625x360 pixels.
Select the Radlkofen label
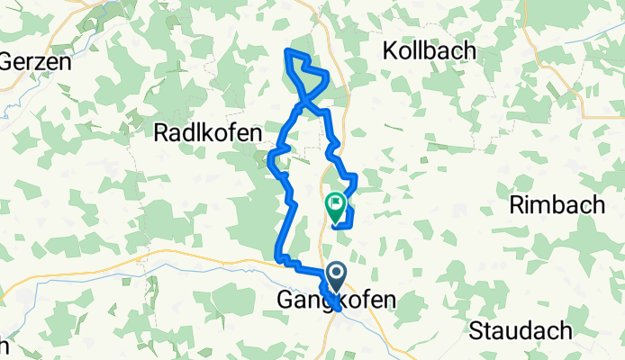[x=208, y=134]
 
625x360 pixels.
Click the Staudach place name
[x=520, y=330]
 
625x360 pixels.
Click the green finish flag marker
[x=335, y=208]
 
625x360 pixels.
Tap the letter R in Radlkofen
[x=162, y=134]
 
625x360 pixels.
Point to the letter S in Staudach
[x=476, y=330]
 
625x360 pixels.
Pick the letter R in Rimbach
[x=516, y=205]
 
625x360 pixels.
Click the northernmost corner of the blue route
[x=286, y=50]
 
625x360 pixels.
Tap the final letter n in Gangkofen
[x=388, y=300]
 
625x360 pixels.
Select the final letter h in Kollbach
[x=469, y=51]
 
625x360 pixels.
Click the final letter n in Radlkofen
[x=255, y=134]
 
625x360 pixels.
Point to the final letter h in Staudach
[x=564, y=330]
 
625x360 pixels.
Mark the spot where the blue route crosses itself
[x=303, y=103]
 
